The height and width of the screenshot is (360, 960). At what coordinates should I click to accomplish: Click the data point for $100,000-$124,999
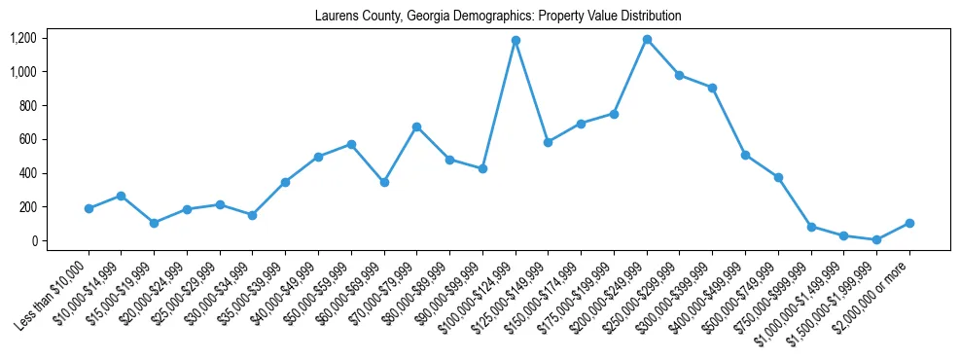516,41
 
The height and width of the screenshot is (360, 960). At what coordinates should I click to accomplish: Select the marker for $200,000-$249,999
647,40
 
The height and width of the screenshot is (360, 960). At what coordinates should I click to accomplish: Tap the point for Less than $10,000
89,208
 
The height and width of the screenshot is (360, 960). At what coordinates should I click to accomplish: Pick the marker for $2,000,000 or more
909,223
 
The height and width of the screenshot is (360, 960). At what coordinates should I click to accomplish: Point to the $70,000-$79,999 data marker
416,126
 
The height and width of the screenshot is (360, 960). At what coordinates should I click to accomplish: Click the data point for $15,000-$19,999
154,223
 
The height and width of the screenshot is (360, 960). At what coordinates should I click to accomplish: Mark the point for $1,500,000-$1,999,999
876,239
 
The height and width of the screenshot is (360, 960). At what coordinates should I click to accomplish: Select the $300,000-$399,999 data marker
712,88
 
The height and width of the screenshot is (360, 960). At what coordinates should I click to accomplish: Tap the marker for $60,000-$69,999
384,182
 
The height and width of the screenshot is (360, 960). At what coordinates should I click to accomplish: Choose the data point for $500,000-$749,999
778,177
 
